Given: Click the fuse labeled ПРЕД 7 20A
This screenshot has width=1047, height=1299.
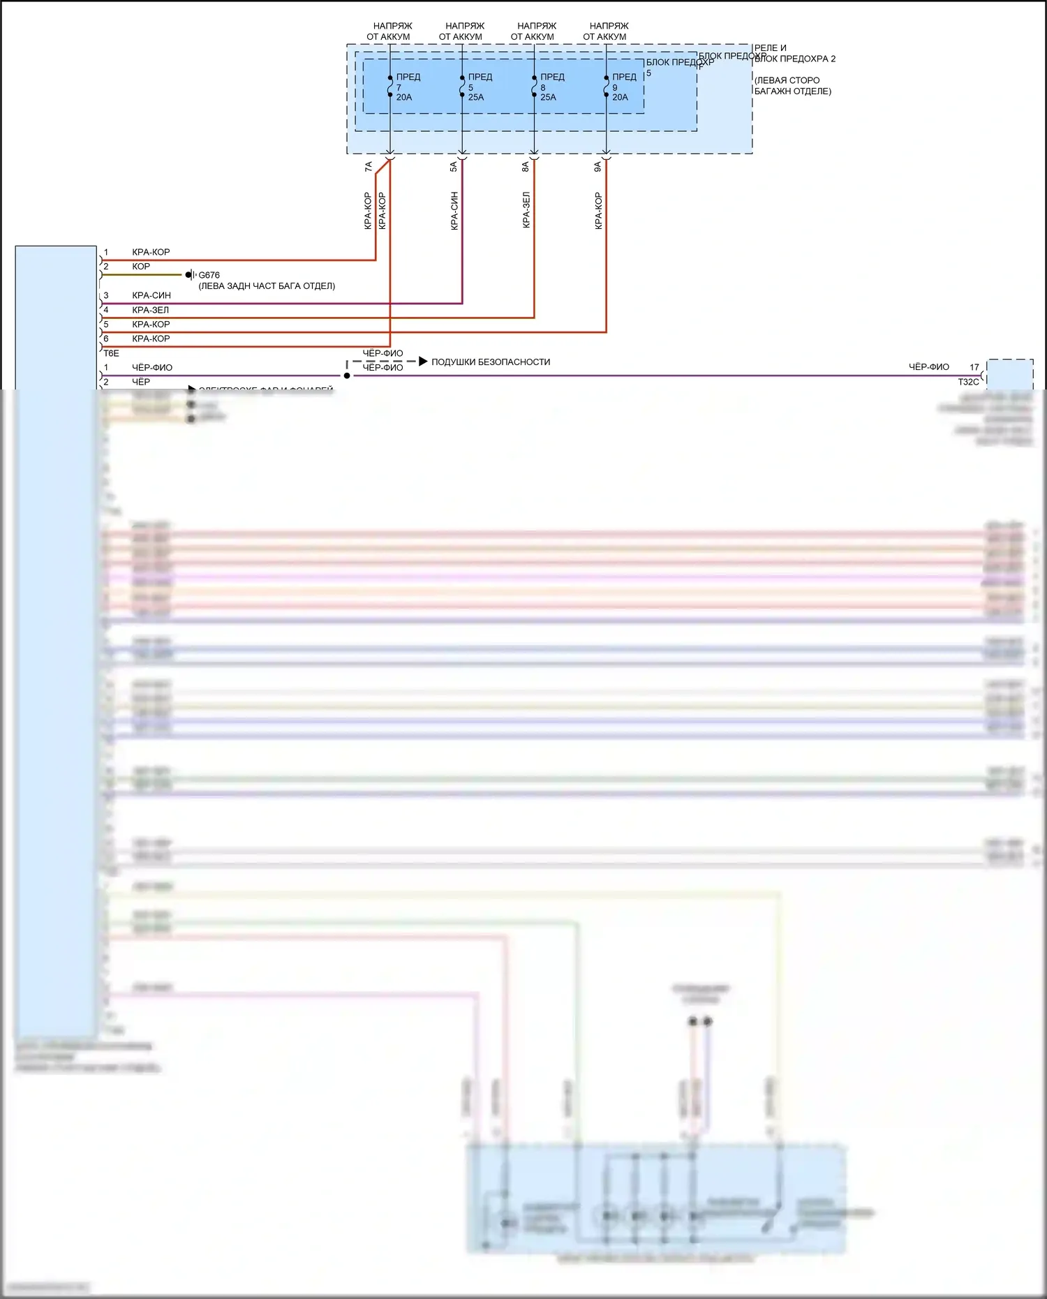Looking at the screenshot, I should tap(390, 87).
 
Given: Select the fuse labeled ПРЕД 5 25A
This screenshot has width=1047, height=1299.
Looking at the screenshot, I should tap(462, 87).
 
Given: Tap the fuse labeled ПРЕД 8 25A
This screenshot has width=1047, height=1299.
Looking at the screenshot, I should tap(534, 87).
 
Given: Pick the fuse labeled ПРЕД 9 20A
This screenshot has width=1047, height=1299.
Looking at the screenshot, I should tap(606, 87).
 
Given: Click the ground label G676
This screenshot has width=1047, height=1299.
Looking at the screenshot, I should tap(209, 275).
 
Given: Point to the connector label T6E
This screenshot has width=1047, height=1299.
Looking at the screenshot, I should tap(112, 353).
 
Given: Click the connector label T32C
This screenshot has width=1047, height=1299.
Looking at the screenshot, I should tap(968, 382).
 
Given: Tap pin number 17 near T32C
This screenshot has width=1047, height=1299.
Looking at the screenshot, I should tap(974, 367).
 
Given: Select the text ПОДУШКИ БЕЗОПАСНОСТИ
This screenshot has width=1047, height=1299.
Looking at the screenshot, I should tap(491, 362).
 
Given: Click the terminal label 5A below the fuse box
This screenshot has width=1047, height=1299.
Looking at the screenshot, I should tap(453, 167).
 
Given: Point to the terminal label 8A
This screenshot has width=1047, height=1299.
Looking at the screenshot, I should tap(526, 167).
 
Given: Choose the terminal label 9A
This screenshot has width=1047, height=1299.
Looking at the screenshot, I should tap(597, 167).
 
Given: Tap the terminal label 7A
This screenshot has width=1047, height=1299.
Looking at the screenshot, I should tap(369, 167).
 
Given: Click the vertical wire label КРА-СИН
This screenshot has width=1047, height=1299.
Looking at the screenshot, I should tap(454, 211).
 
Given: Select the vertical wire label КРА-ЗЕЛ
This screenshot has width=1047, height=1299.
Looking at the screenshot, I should tap(526, 211).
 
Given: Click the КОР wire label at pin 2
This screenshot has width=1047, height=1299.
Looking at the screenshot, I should tap(141, 267).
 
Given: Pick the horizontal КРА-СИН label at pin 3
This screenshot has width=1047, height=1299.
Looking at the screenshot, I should tap(151, 295).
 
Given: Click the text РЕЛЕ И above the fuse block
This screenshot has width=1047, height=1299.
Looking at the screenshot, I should tap(770, 48).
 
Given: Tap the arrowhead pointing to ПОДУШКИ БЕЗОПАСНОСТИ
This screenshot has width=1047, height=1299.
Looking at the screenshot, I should tap(423, 362).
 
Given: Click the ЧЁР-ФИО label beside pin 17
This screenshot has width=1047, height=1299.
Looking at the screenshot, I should tap(928, 367).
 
